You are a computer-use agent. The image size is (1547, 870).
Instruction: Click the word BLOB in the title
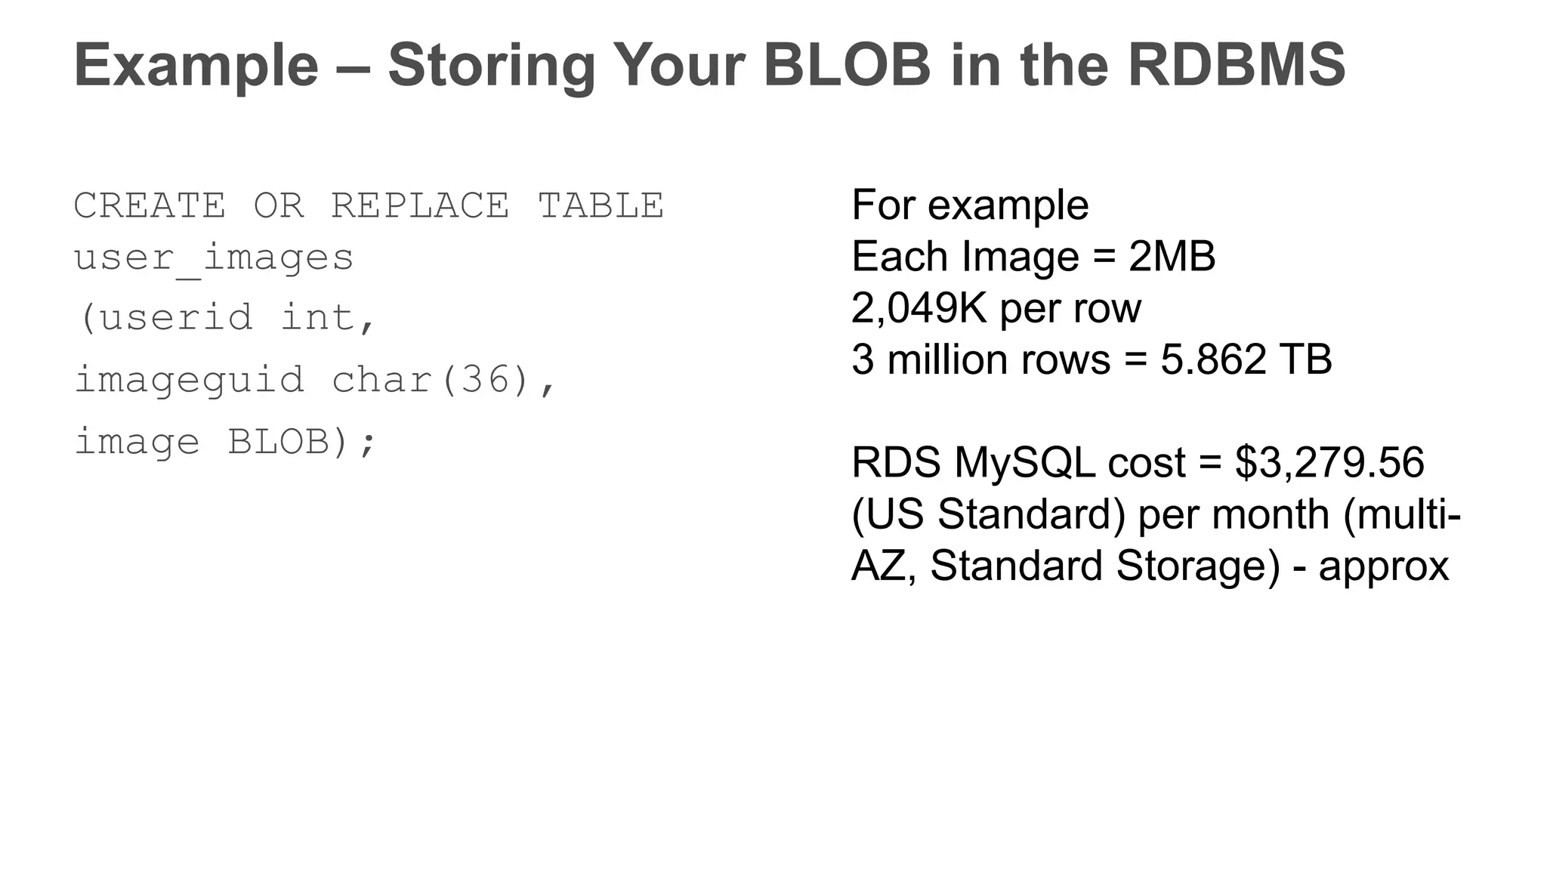coord(847,65)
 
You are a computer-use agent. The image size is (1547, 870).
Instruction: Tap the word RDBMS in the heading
coord(1236,65)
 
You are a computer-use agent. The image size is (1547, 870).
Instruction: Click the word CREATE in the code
coord(150,205)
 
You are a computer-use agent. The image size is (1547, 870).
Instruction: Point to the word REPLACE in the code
coord(420,205)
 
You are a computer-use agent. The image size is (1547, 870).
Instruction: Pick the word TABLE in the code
coord(601,205)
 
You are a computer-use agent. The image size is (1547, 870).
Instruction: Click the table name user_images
coord(214,258)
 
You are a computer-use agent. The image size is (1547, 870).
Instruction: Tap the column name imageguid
coord(190,379)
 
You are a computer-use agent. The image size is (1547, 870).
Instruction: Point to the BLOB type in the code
coord(279,442)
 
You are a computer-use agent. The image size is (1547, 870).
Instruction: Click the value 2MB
coord(1172,257)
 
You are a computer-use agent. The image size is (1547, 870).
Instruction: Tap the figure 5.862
coord(1213,359)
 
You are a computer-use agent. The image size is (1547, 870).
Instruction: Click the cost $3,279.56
coord(1329,462)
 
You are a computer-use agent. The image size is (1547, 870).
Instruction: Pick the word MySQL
coord(1024,462)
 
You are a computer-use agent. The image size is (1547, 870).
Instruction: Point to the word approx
coord(1383,566)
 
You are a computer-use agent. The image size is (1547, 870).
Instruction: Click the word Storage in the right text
coord(1198,566)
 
